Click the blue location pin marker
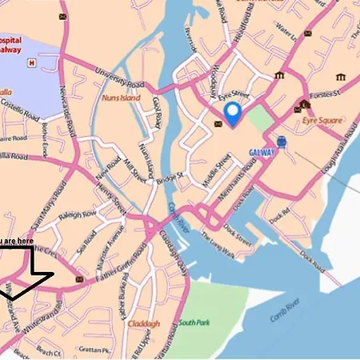tap(232, 114)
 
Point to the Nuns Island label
tap(121, 98)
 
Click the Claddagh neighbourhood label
tap(143, 324)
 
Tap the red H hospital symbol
tap(31, 62)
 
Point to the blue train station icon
tap(282, 142)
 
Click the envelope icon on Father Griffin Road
tap(78, 279)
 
